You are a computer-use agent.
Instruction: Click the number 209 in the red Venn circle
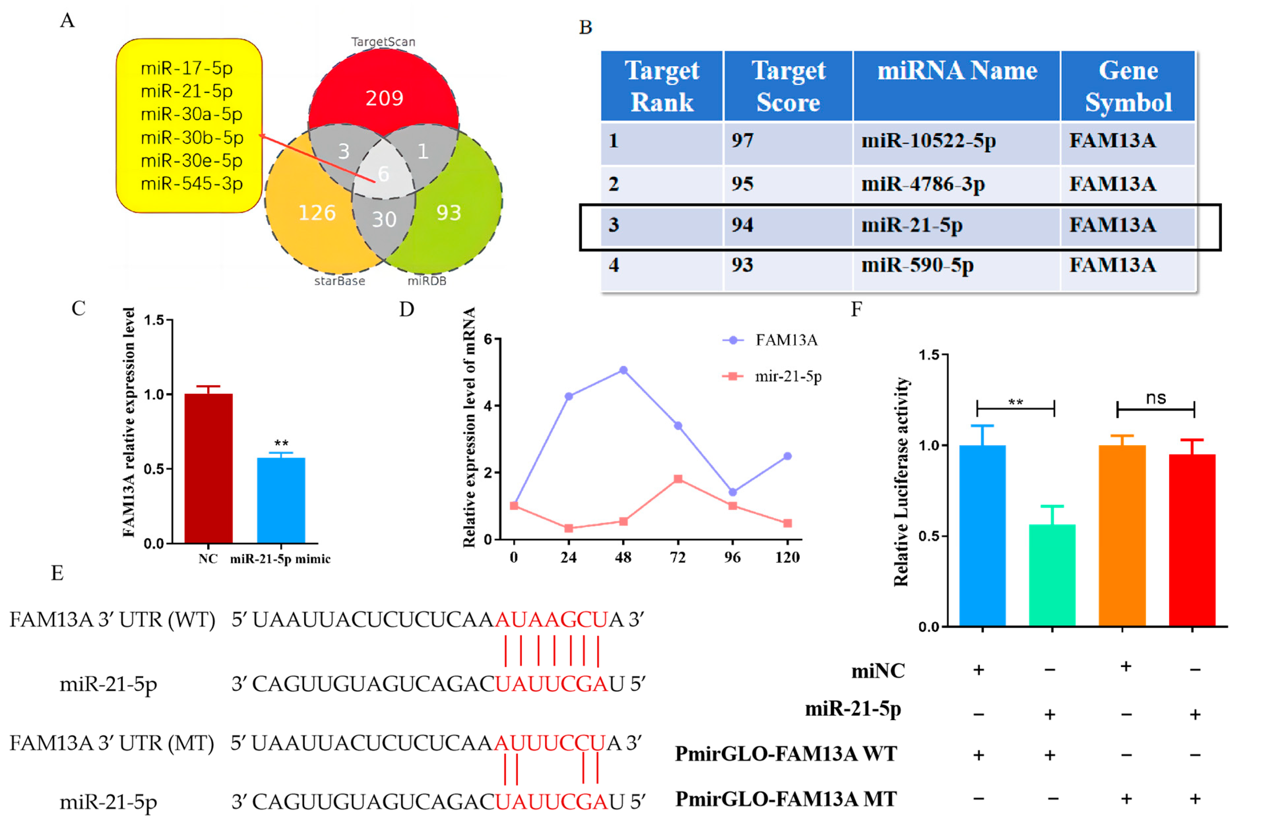[384, 98]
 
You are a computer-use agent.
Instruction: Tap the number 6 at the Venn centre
[383, 174]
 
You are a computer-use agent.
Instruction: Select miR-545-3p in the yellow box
[191, 183]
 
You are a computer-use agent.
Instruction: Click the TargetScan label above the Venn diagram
[383, 42]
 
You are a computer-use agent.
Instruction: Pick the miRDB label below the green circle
[427, 281]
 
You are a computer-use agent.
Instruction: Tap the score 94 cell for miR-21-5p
[742, 225]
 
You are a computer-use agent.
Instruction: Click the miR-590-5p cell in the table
[917, 265]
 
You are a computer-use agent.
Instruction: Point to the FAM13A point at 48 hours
[623, 370]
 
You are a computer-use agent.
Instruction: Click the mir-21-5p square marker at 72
[678, 478]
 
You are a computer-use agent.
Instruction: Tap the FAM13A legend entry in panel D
[785, 340]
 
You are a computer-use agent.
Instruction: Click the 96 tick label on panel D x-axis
[733, 558]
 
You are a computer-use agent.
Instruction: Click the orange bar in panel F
[1122, 535]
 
